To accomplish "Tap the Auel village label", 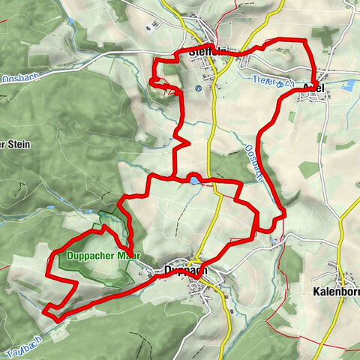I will point(314,88).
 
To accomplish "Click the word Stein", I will point(16,145).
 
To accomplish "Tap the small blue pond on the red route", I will point(195,180).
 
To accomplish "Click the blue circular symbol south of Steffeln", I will point(198,87).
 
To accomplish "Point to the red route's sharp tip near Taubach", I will point(44,310).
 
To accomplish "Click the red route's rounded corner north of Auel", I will point(304,43).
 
